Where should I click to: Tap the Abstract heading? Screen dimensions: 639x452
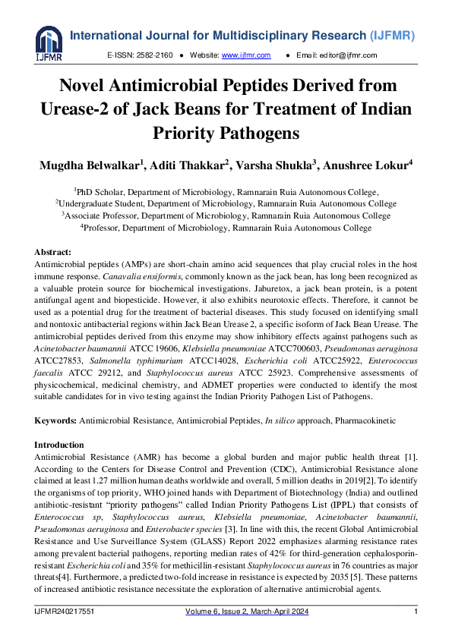(54, 251)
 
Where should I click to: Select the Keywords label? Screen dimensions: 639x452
(55, 420)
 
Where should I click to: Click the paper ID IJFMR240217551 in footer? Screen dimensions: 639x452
(65, 612)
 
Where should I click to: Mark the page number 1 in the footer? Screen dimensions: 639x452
(416, 612)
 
